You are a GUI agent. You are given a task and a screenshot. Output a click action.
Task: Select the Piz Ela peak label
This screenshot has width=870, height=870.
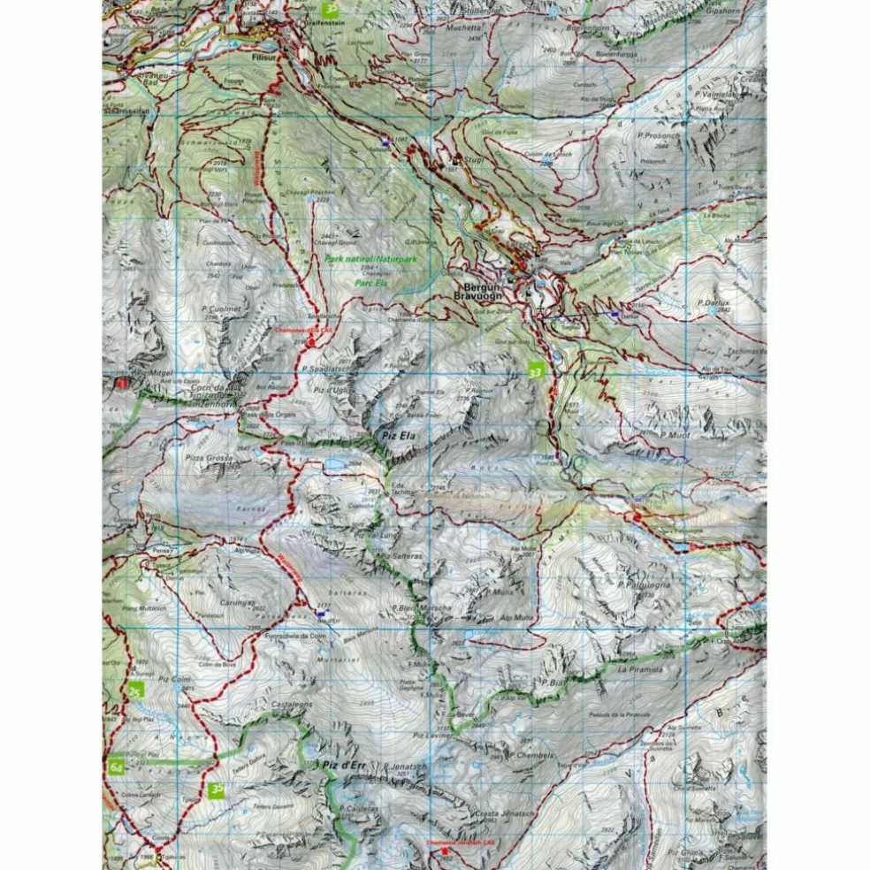coord(397,436)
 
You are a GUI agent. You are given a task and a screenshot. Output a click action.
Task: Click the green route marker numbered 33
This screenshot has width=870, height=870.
coord(534,370)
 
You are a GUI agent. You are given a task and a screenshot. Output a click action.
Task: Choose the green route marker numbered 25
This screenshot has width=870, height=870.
coord(135,691)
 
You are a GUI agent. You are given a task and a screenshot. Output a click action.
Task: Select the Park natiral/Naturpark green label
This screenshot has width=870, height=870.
coord(370,259)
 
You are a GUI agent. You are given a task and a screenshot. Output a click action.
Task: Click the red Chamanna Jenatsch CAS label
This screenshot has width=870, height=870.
coord(460,843)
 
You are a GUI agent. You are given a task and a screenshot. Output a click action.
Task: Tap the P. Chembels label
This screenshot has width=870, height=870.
coord(535,756)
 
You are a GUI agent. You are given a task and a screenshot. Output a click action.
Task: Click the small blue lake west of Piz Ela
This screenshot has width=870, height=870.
coord(336,462)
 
